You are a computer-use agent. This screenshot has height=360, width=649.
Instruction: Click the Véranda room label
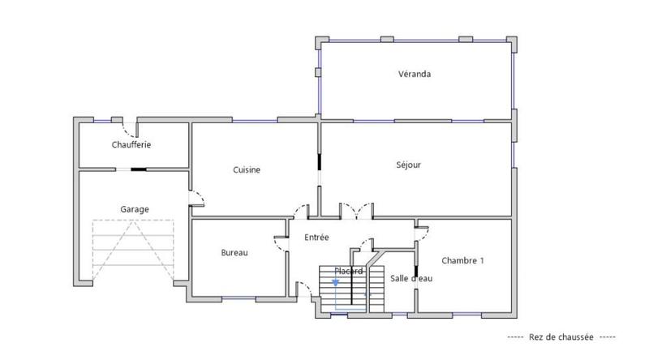pyautogui.click(x=414, y=74)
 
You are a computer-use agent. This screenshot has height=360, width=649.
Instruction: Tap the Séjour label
pyautogui.click(x=408, y=165)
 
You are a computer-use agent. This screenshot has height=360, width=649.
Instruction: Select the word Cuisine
pyautogui.click(x=247, y=169)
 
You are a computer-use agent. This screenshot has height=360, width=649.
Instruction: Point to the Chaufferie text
pyautogui.click(x=131, y=144)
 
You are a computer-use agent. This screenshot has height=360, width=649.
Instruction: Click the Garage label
pyautogui.click(x=135, y=208)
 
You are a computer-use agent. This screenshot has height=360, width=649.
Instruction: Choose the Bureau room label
pyautogui.click(x=234, y=252)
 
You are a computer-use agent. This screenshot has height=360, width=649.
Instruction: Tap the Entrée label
pyautogui.click(x=316, y=238)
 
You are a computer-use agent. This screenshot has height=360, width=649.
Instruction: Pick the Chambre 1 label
pyautogui.click(x=462, y=260)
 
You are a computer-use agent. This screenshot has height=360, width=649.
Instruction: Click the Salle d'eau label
pyautogui.click(x=410, y=278)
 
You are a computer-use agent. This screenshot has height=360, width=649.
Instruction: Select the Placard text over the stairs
pyautogui.click(x=348, y=271)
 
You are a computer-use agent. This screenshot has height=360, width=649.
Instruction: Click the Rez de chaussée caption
pyautogui.click(x=561, y=336)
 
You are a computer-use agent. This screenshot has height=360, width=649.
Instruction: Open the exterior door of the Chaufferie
pyautogui.click(x=129, y=127)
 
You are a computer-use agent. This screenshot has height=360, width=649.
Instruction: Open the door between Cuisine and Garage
pyautogui.click(x=195, y=198)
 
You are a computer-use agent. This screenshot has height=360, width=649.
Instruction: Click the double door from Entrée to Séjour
pyautogui.click(x=356, y=210)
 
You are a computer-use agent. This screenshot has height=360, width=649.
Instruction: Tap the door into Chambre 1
pyautogui.click(x=421, y=231)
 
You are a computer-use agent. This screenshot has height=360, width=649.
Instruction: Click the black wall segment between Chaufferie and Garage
pyautogui.click(x=140, y=169)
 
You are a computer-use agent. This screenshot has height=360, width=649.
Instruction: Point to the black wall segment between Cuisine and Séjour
pyautogui.click(x=319, y=161)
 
